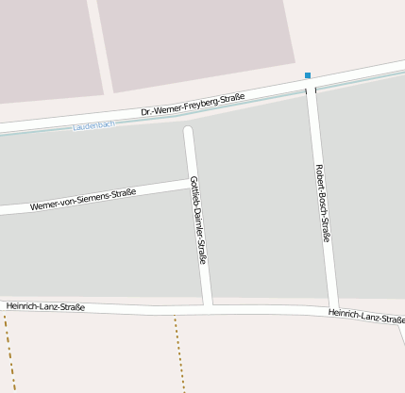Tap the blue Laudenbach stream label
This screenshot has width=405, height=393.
click(x=93, y=125)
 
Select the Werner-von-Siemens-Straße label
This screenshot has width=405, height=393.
click(x=83, y=199)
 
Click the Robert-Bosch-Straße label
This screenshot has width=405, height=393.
click(x=322, y=203)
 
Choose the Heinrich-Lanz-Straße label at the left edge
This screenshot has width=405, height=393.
click(x=45, y=306)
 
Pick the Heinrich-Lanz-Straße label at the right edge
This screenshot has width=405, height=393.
click(x=366, y=316)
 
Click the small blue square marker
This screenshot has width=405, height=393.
click(x=307, y=75)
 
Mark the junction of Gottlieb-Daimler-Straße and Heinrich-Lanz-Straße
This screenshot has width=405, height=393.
click(x=207, y=305)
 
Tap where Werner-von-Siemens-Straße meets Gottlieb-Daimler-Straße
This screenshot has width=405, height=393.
click(x=193, y=184)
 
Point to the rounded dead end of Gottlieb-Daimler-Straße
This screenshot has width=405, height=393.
click(x=188, y=131)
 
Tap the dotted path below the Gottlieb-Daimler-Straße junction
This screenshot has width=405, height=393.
click(x=177, y=349)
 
